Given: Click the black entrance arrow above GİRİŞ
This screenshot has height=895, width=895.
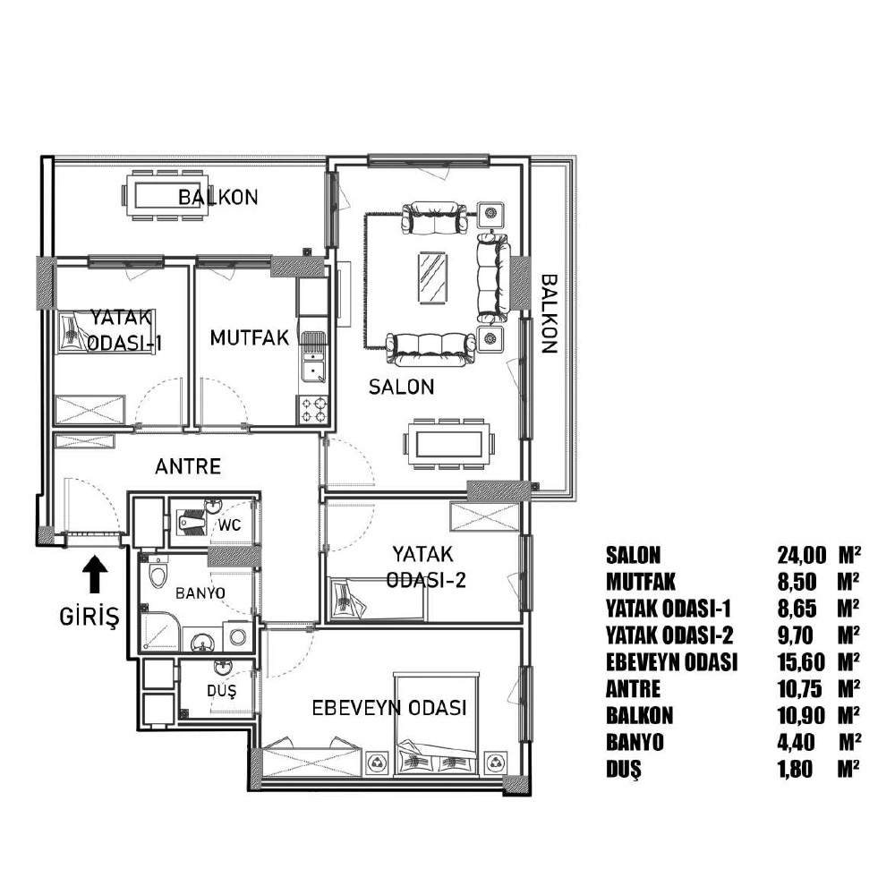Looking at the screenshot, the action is point(95,574).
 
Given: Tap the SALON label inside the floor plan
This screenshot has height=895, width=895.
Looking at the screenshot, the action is point(401,387).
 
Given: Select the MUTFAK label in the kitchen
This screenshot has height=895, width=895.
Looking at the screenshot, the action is point(250,337).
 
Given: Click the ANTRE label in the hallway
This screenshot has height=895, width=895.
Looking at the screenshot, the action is point(188,466).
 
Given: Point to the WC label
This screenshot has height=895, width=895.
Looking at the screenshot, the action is point(229,524).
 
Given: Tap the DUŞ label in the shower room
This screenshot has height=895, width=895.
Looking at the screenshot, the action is point(221,691).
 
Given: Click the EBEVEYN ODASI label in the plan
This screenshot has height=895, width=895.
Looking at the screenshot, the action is point(389,708).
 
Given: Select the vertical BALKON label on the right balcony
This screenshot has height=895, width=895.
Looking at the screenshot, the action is point(549,314).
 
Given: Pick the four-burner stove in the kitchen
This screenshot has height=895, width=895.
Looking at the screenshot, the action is point(313,410).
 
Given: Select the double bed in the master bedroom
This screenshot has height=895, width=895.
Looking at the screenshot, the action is point(437,724).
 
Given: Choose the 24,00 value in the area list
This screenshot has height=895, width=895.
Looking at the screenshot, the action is point(801,554).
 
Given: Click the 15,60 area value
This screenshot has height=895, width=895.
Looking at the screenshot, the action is point(801,662).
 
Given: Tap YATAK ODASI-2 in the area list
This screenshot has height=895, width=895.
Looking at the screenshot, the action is point(669,635).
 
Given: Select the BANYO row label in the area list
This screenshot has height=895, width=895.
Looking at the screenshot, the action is point(635,743).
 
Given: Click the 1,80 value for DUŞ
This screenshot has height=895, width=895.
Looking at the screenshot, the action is point(795,770).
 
